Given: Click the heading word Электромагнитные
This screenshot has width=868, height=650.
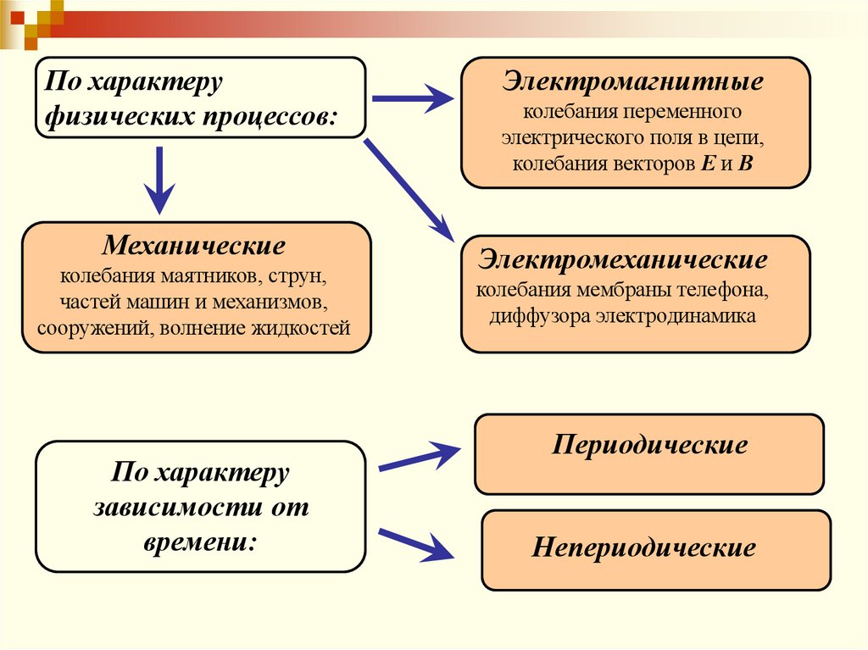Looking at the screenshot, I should click(633, 84).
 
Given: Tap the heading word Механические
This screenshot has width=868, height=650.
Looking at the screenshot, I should click(194, 247).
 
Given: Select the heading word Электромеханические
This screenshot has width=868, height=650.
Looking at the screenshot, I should click(623, 258).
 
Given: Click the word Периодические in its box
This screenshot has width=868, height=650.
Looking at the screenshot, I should click(649, 446).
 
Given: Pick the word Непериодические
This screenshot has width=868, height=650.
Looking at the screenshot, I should click(643, 547).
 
